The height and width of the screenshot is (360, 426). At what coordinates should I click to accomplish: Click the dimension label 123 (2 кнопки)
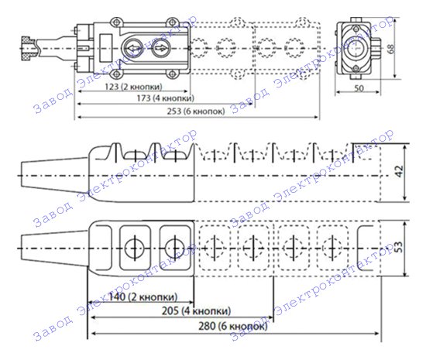point(133,87)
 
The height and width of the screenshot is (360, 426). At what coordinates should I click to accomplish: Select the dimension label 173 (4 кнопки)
point(166,98)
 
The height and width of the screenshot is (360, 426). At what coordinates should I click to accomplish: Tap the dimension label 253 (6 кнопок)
point(196,111)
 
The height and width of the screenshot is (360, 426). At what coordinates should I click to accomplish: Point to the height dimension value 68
point(390,49)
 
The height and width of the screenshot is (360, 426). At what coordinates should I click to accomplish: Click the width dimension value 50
point(359,88)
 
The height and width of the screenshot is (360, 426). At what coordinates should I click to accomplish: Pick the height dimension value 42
point(399,171)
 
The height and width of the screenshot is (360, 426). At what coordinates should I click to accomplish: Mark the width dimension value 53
point(399,246)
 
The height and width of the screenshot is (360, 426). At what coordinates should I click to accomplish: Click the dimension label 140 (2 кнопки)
point(143,297)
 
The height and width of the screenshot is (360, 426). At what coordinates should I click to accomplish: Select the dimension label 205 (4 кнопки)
point(196,310)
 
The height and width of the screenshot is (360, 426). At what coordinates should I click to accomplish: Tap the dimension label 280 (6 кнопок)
point(233,326)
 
